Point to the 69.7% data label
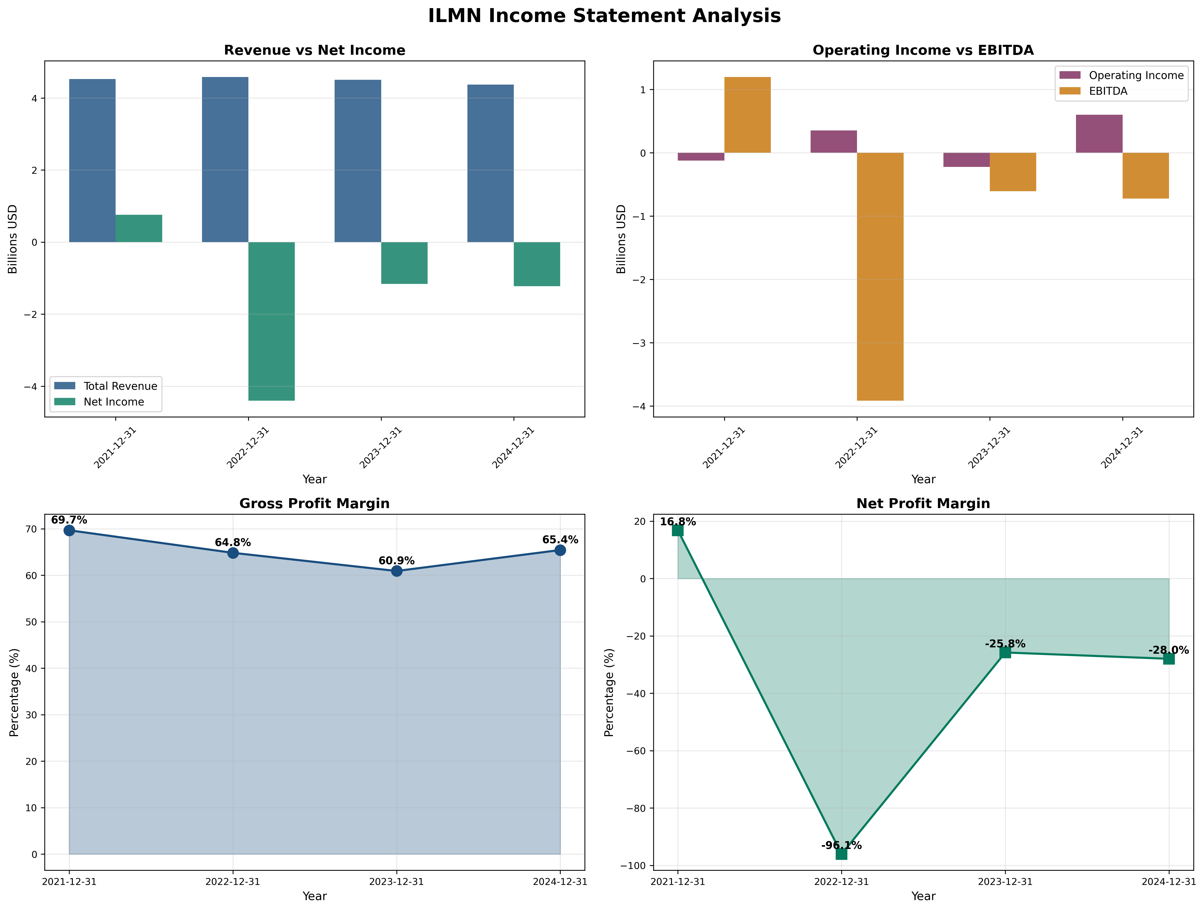point(69,520)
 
